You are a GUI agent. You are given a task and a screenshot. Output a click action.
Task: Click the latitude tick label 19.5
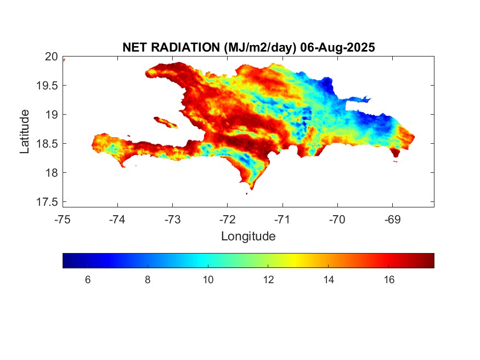coord(47,86)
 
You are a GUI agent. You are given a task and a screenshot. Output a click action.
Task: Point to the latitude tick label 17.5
coord(47,202)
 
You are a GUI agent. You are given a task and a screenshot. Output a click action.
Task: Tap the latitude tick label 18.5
coord(47,144)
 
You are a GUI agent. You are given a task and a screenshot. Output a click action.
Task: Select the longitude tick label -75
coord(63,220)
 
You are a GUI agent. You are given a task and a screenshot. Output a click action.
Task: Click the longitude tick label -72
coord(228,220)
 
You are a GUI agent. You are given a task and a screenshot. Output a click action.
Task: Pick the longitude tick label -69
coord(392,220)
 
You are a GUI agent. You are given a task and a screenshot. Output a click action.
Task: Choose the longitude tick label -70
coord(337,220)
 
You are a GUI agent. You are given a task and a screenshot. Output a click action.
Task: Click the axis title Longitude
coord(249,237)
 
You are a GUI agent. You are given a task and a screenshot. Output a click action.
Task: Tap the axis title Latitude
coord(25,132)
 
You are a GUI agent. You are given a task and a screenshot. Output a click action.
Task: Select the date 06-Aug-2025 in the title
coord(337,47)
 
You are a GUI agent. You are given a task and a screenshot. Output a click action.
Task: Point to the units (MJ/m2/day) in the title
coord(260,48)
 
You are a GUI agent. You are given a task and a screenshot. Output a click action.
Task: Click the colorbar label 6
coord(88,280)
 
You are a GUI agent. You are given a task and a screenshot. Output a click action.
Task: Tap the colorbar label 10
coord(208,280)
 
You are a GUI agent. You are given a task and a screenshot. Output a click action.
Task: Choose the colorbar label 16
coord(389,280)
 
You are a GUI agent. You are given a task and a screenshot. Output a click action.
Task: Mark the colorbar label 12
coord(268,280)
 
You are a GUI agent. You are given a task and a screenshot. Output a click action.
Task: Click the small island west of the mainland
coord(165,122)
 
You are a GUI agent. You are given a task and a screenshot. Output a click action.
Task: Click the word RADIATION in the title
coord(185,47)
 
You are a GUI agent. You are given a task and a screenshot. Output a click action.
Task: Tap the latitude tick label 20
coord(52,57)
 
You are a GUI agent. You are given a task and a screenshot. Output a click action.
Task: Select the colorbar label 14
coord(329,280)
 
